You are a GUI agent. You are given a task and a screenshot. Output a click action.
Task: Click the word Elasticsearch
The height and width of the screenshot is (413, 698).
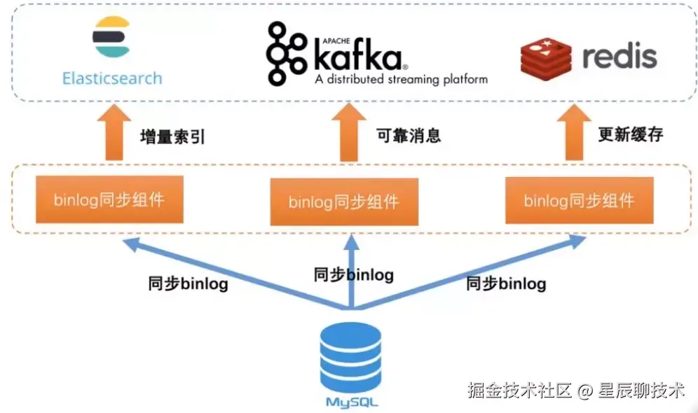(112, 78)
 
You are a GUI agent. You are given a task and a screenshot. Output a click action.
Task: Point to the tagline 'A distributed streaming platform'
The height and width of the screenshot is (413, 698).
(401, 79)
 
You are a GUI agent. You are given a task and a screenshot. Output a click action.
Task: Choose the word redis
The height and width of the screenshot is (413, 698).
(619, 57)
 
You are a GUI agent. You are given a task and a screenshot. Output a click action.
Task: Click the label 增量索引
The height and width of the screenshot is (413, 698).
(172, 136)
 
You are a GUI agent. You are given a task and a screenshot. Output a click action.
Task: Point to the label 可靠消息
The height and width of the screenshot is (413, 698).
(409, 136)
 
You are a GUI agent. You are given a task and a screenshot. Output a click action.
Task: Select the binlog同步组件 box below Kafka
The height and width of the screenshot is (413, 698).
(343, 202)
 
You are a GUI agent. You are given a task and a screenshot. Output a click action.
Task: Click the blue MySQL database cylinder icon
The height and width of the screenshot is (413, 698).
(350, 358)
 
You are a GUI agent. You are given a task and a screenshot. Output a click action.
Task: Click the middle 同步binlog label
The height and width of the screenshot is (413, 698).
(353, 275)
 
